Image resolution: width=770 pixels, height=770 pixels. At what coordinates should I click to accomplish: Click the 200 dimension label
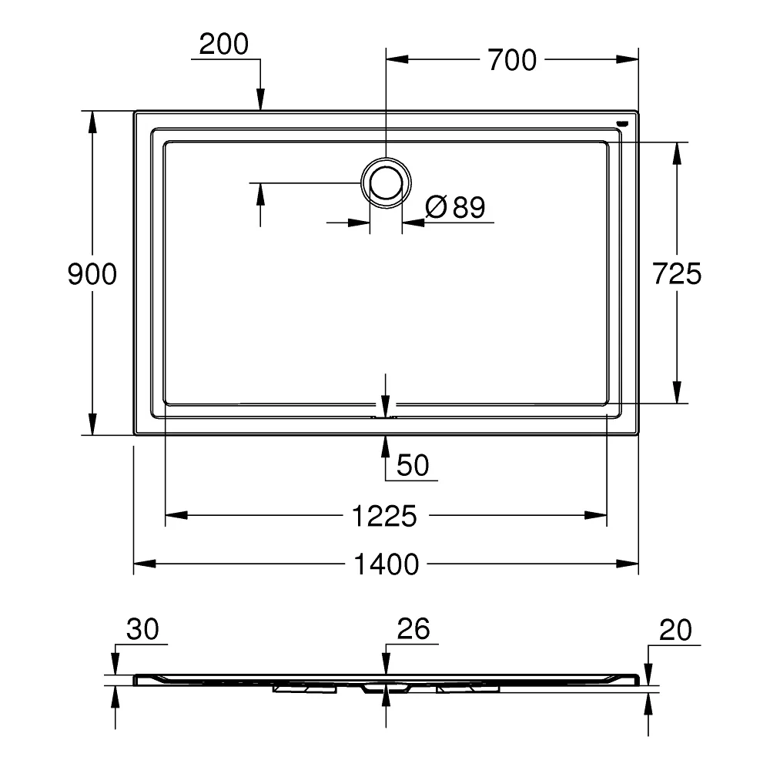pyautogui.click(x=224, y=44)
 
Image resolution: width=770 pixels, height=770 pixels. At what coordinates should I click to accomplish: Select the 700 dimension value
pyautogui.click(x=512, y=60)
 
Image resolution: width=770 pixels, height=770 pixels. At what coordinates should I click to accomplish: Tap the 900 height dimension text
pyautogui.click(x=92, y=274)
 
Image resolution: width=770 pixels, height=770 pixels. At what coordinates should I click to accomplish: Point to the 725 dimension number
pyautogui.click(x=677, y=273)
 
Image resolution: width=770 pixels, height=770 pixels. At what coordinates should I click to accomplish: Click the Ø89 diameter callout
pyautogui.click(x=455, y=206)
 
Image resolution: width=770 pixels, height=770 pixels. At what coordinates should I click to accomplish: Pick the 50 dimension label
pyautogui.click(x=413, y=465)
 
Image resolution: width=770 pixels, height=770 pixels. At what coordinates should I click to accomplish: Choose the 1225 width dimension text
pyautogui.click(x=384, y=516)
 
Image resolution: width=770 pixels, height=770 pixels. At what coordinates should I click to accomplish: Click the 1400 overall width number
pyautogui.click(x=386, y=564)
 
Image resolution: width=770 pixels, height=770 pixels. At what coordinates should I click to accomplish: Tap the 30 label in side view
pyautogui.click(x=142, y=629)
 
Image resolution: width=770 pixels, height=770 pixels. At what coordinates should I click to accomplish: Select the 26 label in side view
pyautogui.click(x=413, y=628)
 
